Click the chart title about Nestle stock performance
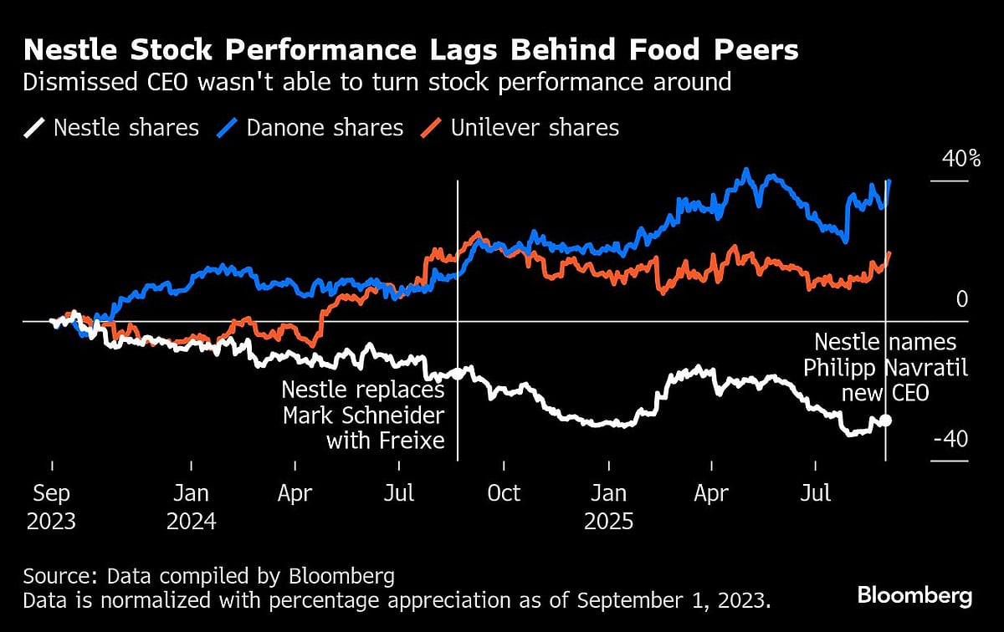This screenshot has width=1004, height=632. coord(411,50)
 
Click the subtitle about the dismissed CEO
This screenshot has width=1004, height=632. coord(377,82)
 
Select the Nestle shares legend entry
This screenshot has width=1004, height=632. coord(113,128)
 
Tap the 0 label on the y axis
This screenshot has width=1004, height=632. coord(961,299)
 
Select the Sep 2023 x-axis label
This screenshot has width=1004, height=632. coord(52,507)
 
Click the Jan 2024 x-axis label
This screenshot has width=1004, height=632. coord(192,507)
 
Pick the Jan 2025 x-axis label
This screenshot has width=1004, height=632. coord(609,507)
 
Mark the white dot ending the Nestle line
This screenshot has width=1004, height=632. coord(885,420)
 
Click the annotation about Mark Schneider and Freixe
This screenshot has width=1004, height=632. coord(363,415)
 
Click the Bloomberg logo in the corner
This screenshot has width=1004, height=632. coord(914,596)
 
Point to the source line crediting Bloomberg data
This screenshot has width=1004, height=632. coord(208,576)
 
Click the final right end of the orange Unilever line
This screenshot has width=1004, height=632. coord(889,252)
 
